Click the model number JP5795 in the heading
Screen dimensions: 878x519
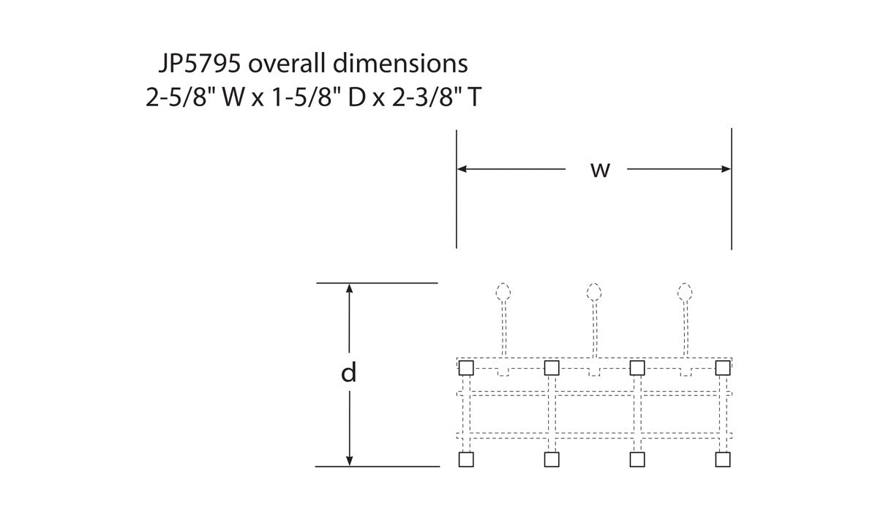200,64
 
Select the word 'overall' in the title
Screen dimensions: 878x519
287,63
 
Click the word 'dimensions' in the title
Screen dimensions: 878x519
401,63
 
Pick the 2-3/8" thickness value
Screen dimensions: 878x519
424,97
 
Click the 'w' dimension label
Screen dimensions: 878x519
600,171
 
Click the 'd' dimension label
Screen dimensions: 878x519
349,373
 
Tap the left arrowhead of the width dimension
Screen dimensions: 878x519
462,169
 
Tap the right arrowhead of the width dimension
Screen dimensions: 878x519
726,169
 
